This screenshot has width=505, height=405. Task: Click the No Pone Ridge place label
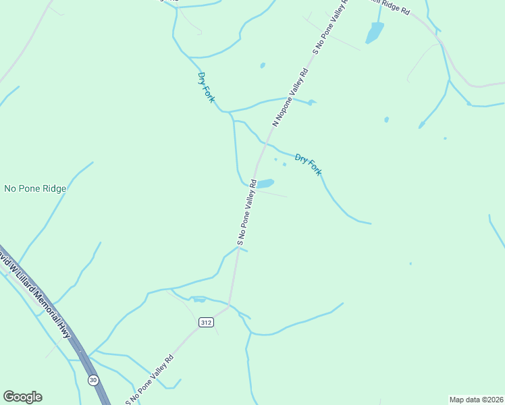[35, 189]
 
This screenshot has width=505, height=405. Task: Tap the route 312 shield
[207, 323]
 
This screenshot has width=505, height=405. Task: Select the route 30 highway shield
[92, 379]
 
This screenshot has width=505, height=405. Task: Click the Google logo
[22, 397]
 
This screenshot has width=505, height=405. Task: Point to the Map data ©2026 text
[476, 399]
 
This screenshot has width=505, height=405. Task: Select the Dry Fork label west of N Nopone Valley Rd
[207, 87]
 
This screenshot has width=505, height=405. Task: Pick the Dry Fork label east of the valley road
[309, 165]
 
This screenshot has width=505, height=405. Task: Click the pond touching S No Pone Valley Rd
[265, 183]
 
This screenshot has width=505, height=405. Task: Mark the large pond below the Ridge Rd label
[375, 32]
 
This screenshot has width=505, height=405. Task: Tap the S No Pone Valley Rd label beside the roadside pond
[247, 212]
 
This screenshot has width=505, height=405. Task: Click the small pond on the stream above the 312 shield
[199, 299]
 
